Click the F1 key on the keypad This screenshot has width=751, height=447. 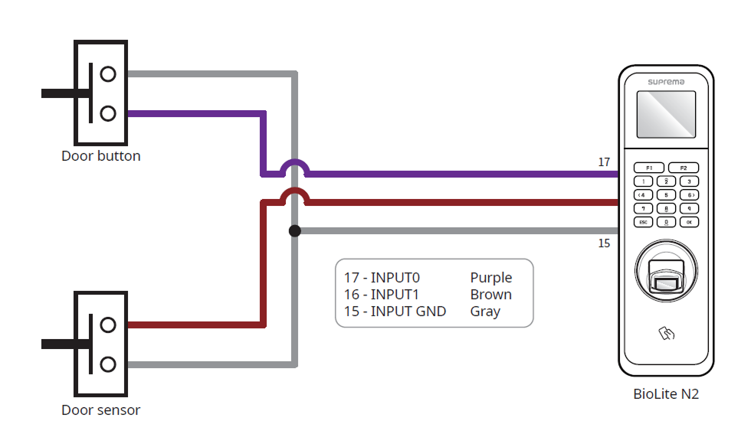click(x=648, y=168)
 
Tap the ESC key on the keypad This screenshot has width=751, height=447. click(x=644, y=222)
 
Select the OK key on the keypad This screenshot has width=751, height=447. click(x=690, y=222)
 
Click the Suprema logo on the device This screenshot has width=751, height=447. click(x=667, y=81)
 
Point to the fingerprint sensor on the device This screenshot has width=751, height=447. click(x=667, y=276)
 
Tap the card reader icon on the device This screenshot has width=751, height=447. click(x=667, y=334)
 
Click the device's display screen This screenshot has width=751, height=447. click(x=667, y=114)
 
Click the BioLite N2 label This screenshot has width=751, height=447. click(x=666, y=395)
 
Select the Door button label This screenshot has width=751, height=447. click(x=101, y=156)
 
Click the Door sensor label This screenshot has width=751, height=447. click(x=101, y=410)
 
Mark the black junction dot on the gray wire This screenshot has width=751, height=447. click(x=295, y=230)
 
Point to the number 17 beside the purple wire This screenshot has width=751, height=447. click(x=604, y=162)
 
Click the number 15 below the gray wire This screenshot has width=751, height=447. click(x=604, y=243)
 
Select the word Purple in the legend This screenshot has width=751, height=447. click(x=491, y=278)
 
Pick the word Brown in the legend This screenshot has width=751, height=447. click(x=491, y=295)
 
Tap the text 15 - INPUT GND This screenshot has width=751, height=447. click(x=395, y=312)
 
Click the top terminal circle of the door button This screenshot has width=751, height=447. click(x=108, y=73)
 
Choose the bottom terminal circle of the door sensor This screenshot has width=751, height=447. click(x=108, y=364)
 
